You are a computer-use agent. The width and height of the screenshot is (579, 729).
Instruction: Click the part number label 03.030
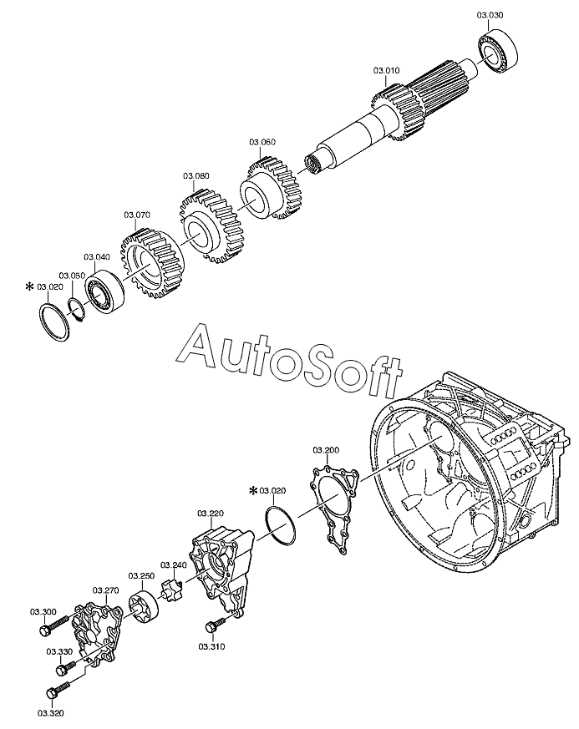click(490, 15)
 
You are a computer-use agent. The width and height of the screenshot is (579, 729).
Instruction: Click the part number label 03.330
click(58, 651)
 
